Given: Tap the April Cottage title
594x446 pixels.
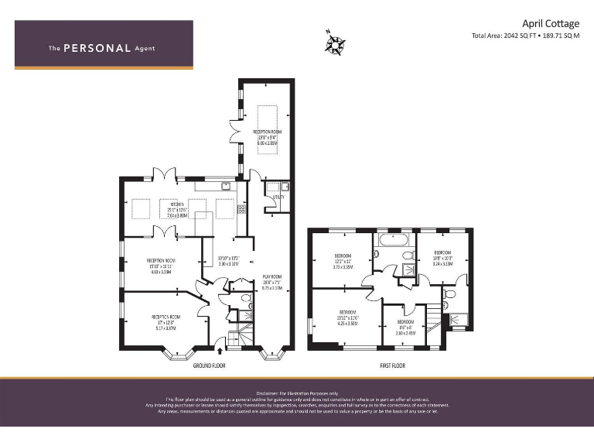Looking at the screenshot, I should tap(551, 23).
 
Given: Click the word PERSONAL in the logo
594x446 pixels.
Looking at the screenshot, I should tap(97, 48).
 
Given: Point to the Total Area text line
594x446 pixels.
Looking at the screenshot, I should tap(525, 36).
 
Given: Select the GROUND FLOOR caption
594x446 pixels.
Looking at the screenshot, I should tap(209, 365).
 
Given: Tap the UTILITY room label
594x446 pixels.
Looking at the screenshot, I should tap(279, 197).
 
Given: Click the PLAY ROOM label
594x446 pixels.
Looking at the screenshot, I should tap(271, 276).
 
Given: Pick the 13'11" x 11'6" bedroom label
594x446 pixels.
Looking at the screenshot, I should tap(346, 313).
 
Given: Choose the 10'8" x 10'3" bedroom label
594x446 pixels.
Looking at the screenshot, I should tap(442, 252).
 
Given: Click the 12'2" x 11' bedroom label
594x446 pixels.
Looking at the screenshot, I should tap(343, 256).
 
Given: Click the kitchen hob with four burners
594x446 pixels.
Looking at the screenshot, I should tap(241, 209).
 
